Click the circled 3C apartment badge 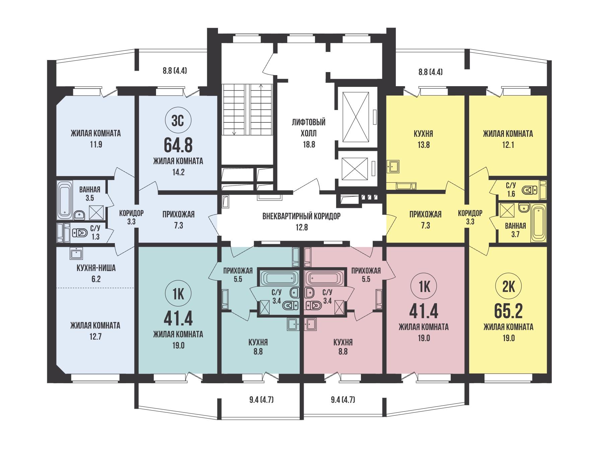(178, 121)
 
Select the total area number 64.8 (178, 145)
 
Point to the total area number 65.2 (508, 312)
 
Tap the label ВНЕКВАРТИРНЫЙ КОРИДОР (301, 216)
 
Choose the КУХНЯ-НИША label (96, 268)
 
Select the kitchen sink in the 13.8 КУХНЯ (393, 166)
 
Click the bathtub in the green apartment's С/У (279, 277)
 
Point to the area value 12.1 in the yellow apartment (508, 145)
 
